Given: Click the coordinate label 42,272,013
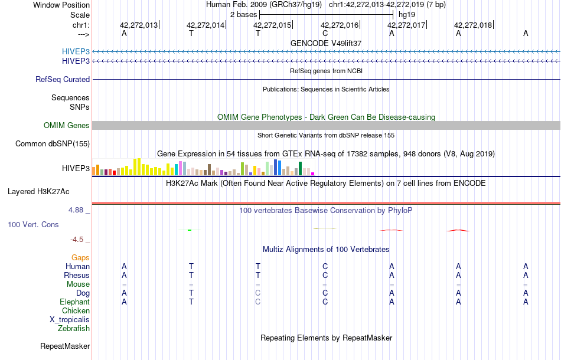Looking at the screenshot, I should [x=139, y=25].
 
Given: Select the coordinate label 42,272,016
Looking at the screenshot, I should [x=340, y=25].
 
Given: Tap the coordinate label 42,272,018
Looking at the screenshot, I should [x=473, y=25].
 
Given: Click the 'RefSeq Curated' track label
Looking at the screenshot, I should [x=63, y=79].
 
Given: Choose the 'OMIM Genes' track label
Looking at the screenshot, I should [x=67, y=125].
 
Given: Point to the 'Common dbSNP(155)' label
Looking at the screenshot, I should [x=53, y=143].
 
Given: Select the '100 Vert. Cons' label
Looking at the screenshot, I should [x=33, y=225].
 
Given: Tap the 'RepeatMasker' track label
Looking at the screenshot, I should [x=65, y=346].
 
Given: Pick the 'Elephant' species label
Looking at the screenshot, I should [x=75, y=302].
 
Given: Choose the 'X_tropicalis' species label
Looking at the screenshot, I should [x=70, y=319].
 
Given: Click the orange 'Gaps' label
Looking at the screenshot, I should [x=80, y=257].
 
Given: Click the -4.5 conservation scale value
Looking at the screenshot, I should [x=79, y=240].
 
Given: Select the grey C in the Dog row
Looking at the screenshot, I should [x=258, y=293].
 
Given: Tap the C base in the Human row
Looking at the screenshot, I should [x=325, y=266].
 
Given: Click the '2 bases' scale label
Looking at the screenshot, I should [x=242, y=14].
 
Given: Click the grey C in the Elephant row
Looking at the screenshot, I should [x=258, y=302].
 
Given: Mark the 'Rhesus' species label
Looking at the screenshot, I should [x=77, y=275].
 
